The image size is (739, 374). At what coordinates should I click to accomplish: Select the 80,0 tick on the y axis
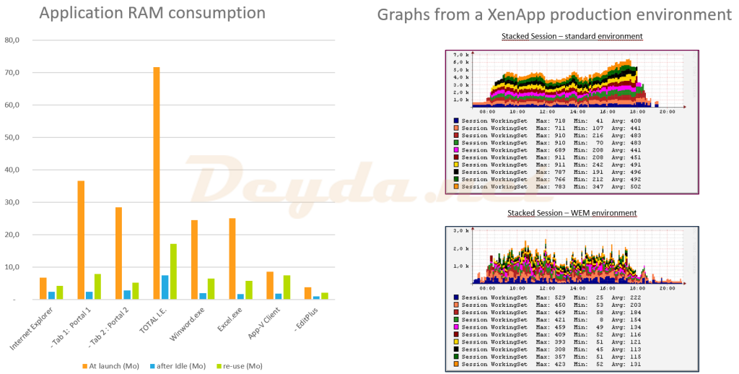12,40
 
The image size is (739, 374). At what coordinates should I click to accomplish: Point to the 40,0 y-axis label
12,170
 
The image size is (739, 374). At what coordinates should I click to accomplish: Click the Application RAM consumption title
152,14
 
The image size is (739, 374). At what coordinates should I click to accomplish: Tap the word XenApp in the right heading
494,15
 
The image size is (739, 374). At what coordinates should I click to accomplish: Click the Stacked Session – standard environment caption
572,36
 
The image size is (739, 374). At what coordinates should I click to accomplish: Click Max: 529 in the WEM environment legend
549,297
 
